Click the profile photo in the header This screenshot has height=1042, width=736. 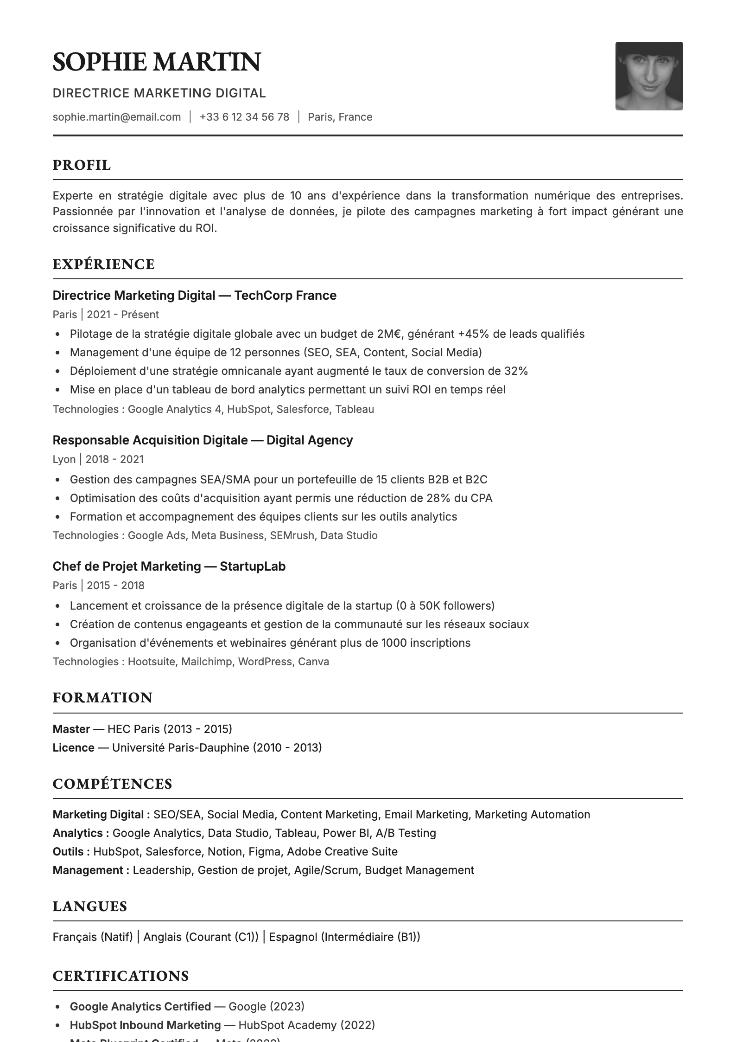click(648, 76)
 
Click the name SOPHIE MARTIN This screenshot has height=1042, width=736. click(157, 62)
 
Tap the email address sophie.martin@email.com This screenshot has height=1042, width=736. click(117, 117)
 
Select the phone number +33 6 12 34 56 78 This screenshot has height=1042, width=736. click(244, 117)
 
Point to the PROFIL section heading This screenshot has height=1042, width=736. click(82, 165)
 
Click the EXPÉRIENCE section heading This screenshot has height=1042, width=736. click(103, 264)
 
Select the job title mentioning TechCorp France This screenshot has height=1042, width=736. click(194, 296)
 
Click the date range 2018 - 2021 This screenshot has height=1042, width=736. click(114, 459)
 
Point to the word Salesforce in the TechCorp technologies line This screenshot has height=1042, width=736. click(303, 409)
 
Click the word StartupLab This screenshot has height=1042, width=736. click(252, 566)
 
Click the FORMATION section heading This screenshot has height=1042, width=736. click(102, 698)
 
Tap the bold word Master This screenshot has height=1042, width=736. click(71, 729)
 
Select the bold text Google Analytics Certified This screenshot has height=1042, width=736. click(140, 1007)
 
